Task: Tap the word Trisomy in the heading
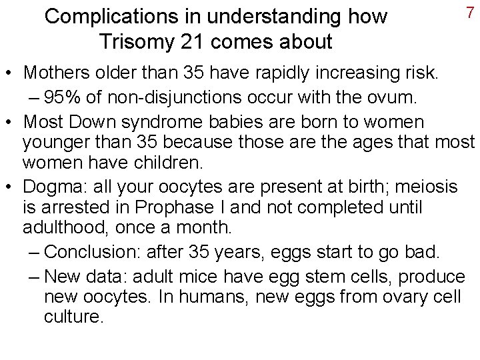(x=139, y=41)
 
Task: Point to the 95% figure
(x=65, y=98)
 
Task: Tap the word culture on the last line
(x=73, y=316)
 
